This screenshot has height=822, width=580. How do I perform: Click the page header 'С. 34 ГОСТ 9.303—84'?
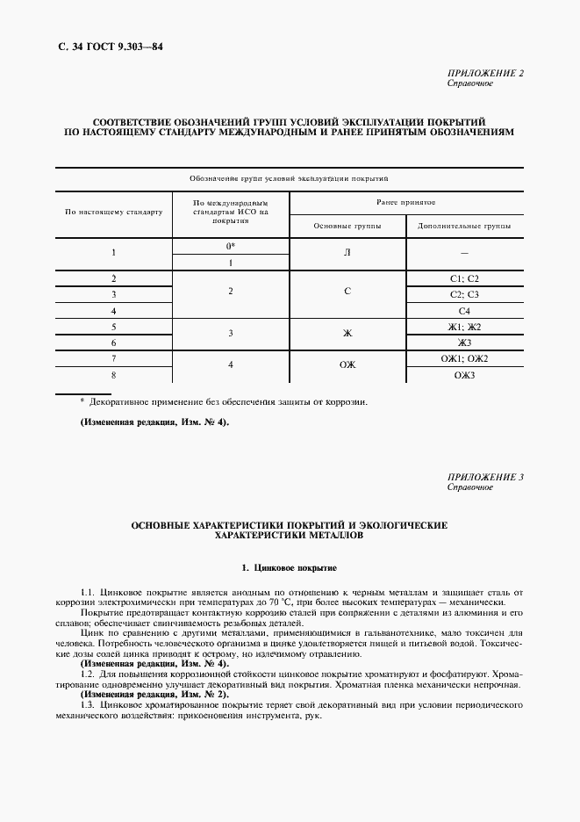coord(99,45)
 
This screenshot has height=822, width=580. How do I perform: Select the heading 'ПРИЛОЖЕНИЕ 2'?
coord(485,73)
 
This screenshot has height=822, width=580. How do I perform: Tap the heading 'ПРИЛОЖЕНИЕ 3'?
coord(485,477)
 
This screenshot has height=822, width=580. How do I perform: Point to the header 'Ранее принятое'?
coord(406,201)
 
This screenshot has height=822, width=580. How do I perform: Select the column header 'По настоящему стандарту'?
coord(114,213)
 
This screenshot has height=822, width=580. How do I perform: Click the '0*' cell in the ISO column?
coord(231,247)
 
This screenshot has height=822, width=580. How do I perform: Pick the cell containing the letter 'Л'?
coord(347,254)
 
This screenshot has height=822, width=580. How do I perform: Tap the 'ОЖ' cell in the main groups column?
coord(347,366)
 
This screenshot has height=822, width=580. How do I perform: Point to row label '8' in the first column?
coord(114,375)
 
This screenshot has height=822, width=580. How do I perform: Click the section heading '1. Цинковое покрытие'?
coord(290,568)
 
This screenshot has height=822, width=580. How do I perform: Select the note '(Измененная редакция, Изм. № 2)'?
coord(154,695)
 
